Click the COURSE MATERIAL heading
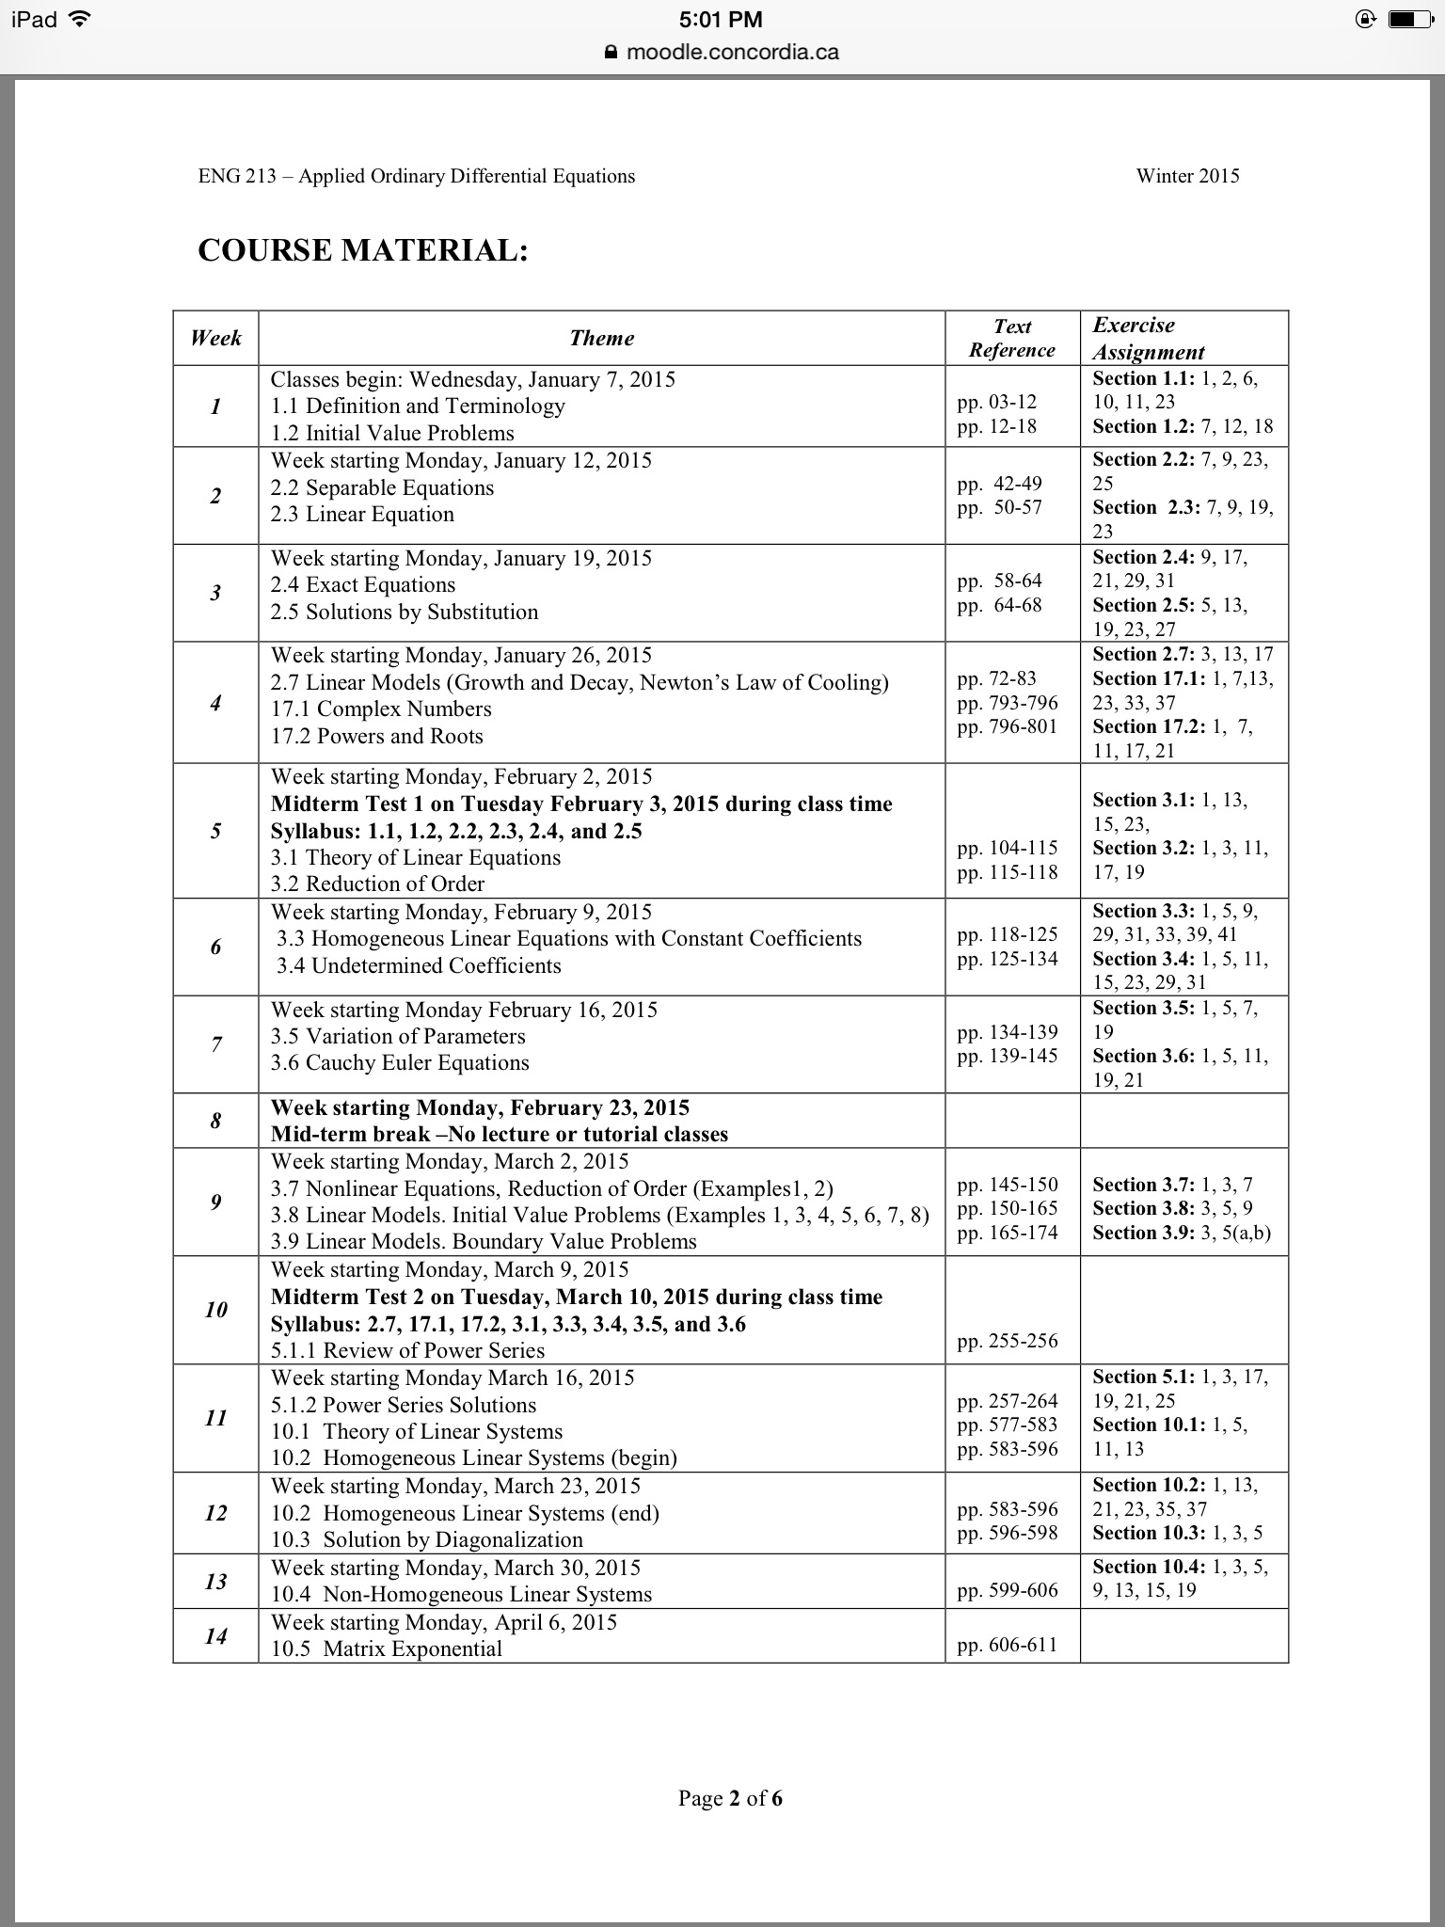(362, 250)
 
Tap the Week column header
(215, 338)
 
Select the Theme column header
(601, 338)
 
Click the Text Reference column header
(1012, 338)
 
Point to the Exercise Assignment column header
(1148, 338)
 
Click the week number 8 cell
(215, 1121)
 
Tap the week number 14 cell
(215, 1635)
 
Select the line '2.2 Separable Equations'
(382, 487)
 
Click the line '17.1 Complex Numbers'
(381, 709)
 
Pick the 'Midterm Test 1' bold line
(581, 804)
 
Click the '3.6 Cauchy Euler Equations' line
(400, 1062)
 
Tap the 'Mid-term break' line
(499, 1134)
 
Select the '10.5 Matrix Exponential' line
(387, 1648)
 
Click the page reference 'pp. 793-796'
(1008, 703)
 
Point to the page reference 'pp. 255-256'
(1008, 1340)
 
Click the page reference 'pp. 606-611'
(1008, 1645)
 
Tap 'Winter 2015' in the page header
(1187, 176)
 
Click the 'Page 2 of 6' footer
(730, 1798)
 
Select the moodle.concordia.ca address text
(732, 52)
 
